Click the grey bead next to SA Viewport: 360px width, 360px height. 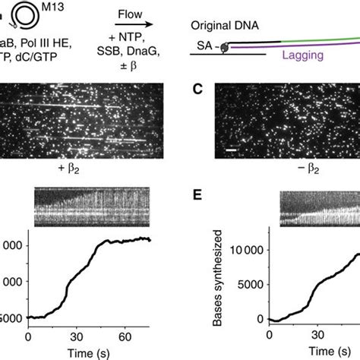[225, 47]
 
